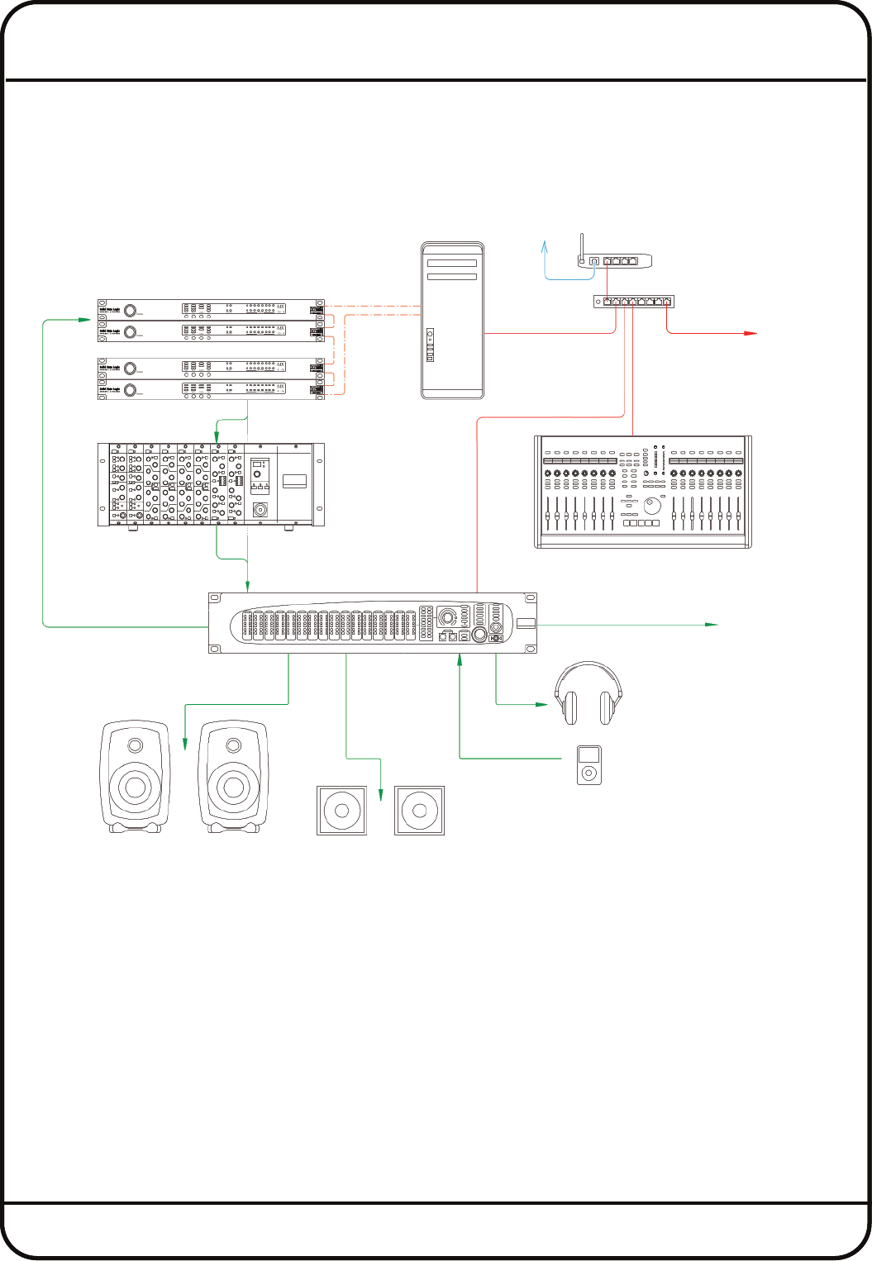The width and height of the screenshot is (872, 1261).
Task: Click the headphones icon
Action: click(x=587, y=693)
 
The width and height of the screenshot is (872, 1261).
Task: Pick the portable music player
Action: click(x=588, y=764)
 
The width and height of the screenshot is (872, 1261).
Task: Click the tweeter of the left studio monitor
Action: click(x=135, y=745)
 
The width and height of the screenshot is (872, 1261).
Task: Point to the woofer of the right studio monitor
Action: click(x=234, y=787)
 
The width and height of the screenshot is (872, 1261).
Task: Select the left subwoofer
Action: click(x=342, y=811)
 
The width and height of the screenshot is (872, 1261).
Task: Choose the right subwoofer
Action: click(x=419, y=811)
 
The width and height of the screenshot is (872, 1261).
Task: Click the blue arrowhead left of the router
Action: click(x=545, y=245)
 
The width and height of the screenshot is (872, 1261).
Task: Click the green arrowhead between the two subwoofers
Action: click(x=380, y=795)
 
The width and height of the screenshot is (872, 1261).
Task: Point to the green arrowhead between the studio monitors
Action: click(x=184, y=744)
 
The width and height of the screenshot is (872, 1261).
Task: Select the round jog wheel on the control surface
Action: click(x=654, y=505)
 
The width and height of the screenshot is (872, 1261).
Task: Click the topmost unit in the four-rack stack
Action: click(x=207, y=308)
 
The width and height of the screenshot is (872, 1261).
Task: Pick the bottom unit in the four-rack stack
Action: click(x=207, y=390)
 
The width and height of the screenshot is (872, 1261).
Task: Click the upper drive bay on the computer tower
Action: click(x=452, y=264)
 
